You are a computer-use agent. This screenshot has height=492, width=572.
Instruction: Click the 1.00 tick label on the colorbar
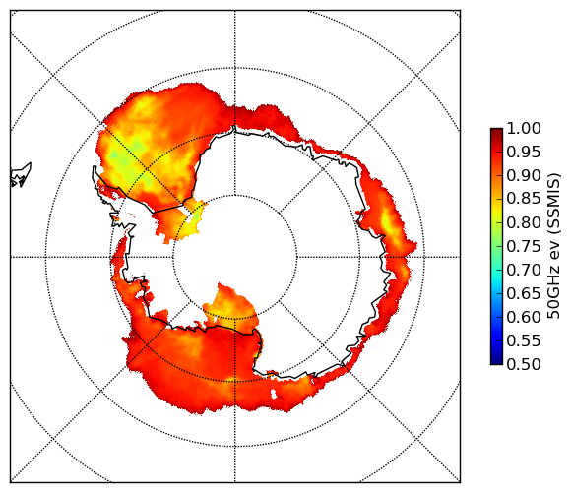click(x=524, y=128)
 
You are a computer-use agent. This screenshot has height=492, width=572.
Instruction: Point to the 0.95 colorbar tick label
click(x=524, y=153)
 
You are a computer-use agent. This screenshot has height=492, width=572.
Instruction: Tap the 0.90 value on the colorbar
click(x=524, y=176)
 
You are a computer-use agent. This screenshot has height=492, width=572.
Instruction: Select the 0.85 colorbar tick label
click(x=524, y=199)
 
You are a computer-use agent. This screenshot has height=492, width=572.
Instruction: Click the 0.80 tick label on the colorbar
click(x=524, y=222)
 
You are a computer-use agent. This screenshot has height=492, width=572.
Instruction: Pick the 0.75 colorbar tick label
click(x=524, y=247)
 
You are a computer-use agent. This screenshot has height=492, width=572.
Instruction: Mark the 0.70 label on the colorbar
click(x=524, y=271)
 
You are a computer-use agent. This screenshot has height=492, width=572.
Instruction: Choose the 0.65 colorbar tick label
click(x=524, y=293)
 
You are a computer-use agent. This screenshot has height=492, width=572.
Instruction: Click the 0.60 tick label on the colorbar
click(x=524, y=317)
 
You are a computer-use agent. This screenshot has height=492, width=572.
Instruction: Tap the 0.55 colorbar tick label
click(x=524, y=341)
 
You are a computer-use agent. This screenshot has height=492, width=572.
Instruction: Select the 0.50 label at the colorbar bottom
click(x=524, y=364)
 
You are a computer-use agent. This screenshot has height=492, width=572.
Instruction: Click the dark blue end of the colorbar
click(x=496, y=360)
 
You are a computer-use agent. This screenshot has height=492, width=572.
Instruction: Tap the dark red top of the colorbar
click(x=496, y=132)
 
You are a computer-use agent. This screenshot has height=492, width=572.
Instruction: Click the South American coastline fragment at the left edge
click(x=21, y=175)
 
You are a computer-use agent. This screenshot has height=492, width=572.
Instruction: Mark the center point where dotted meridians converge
click(x=235, y=257)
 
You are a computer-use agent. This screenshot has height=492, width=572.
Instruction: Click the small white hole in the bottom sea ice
click(x=274, y=394)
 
